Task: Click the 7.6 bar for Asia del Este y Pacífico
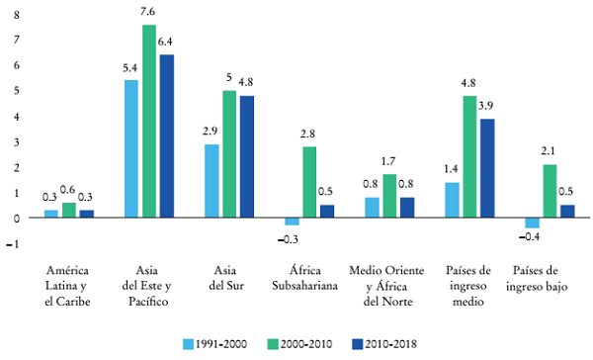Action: point(149,120)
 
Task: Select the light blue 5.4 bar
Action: point(130,148)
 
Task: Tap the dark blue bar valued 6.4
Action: point(166,135)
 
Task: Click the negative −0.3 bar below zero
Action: point(293,222)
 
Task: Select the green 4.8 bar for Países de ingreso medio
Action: point(469,156)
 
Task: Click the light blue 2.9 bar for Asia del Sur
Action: point(212,181)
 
